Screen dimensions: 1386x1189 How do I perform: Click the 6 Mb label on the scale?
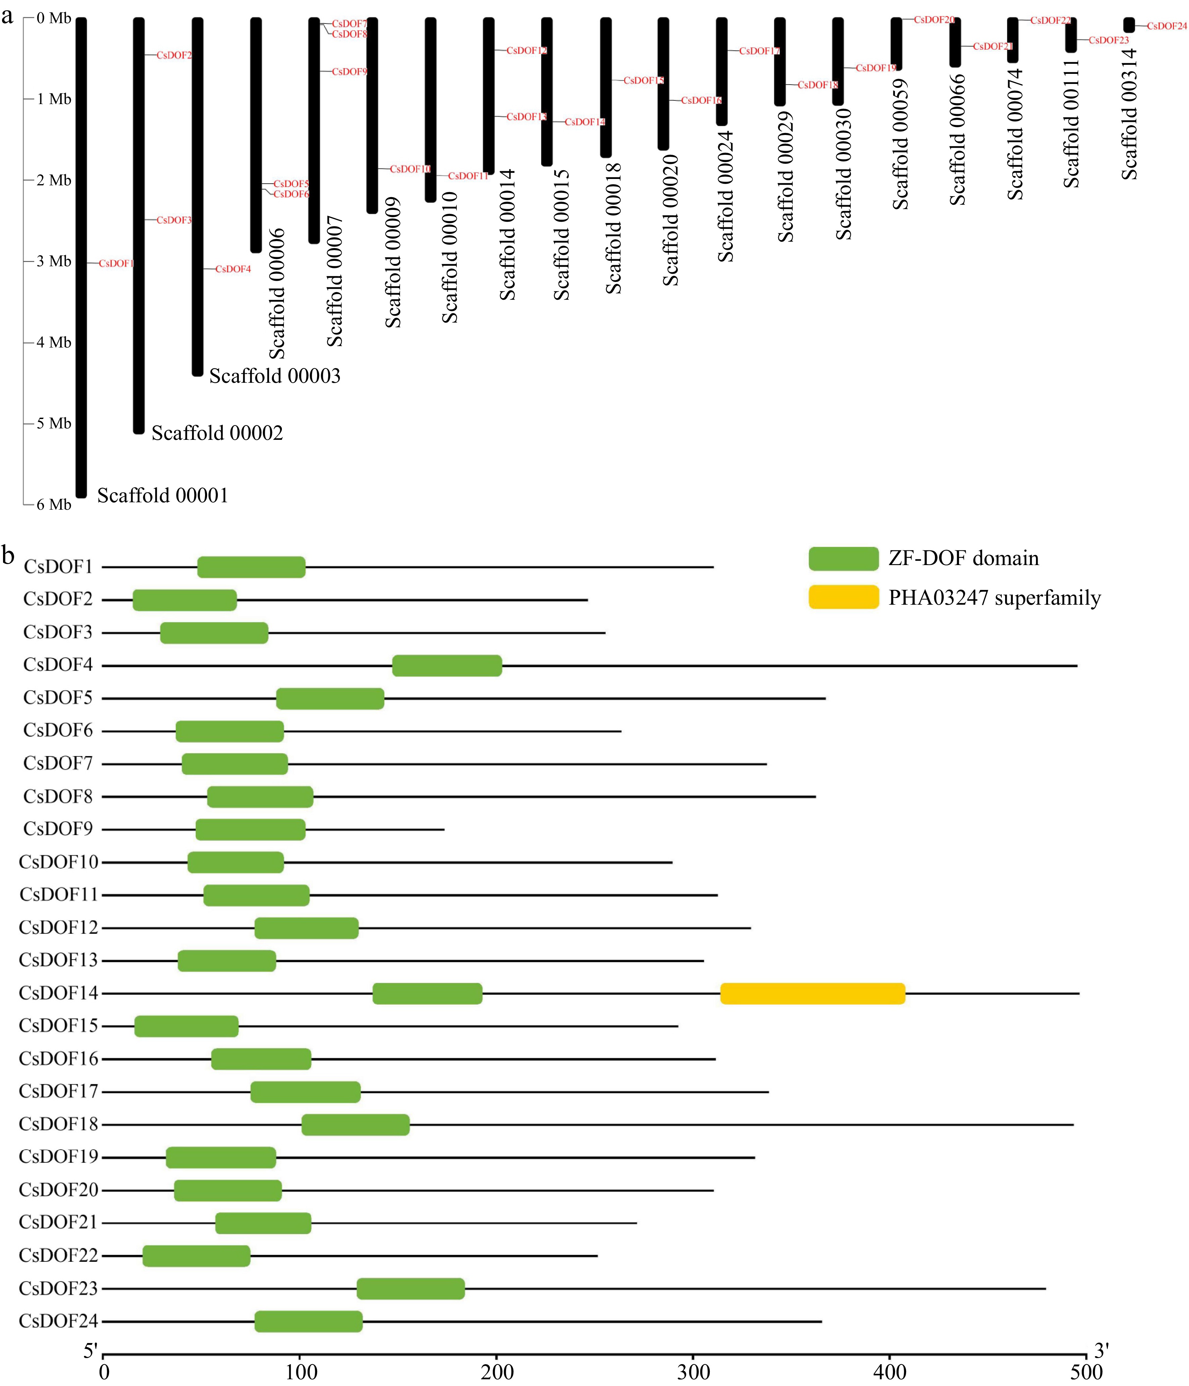pos(53,504)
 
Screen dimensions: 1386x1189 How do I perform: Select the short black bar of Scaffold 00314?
pos(1129,25)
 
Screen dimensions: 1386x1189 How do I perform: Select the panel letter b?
pos(8,555)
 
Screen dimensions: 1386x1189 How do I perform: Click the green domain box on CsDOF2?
pos(185,600)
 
